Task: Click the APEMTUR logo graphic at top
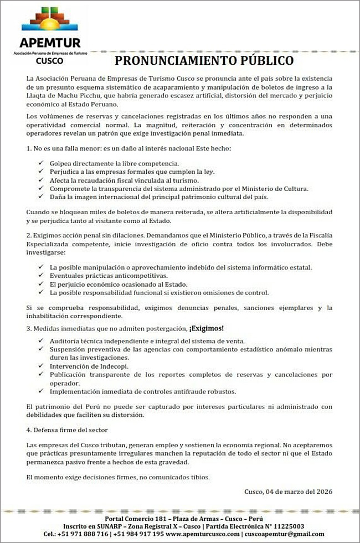(50, 21)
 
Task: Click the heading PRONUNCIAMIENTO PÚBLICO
(204, 60)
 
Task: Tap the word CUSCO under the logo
(49, 60)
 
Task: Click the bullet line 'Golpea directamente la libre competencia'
(114, 163)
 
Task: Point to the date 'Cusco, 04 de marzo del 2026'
(288, 492)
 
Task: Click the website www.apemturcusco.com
(203, 534)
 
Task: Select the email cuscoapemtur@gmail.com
(285, 534)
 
